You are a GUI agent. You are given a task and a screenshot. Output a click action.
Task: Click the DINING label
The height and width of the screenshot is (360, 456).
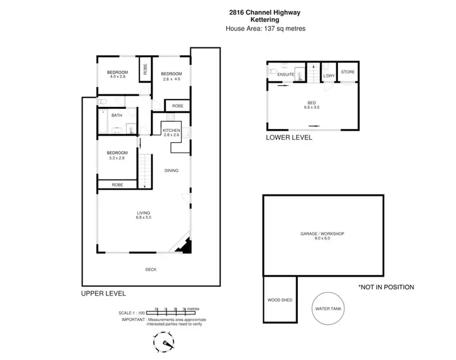171,170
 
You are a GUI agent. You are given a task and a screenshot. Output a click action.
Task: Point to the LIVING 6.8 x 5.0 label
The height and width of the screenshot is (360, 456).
143,214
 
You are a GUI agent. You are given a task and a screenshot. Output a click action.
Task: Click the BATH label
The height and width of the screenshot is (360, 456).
116,115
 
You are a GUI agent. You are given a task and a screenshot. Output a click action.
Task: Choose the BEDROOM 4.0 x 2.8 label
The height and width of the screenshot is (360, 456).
117,74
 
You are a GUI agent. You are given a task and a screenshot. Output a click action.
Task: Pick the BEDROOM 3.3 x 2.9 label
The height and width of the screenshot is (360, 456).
117,155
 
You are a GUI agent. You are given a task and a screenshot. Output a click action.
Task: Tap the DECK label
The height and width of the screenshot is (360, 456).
151,269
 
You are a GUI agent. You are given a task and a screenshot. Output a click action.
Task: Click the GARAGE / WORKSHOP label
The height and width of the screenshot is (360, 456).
322,236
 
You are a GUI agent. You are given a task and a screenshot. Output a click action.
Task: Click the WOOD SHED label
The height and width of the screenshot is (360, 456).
279,300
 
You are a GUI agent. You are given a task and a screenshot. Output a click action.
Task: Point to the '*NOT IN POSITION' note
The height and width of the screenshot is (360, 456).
386,287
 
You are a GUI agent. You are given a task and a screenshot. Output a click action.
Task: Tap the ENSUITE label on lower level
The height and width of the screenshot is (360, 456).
286,75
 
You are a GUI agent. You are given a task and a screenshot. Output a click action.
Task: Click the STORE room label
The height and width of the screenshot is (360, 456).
347,72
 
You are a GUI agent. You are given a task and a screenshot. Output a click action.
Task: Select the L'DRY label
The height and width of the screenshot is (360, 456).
329,75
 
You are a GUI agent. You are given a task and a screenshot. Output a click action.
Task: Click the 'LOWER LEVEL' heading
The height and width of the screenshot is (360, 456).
289,137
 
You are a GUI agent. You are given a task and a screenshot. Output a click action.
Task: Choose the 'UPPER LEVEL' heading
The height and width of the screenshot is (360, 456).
103,293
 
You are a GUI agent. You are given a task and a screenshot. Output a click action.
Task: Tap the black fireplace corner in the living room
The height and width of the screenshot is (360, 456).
187,246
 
